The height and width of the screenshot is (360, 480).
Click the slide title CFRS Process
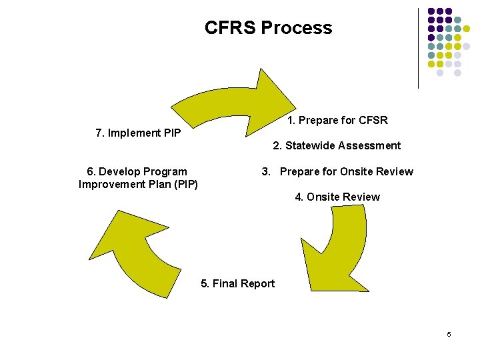(268, 28)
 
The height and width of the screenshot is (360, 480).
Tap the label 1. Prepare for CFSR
(337, 121)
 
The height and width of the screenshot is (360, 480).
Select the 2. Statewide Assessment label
(337, 146)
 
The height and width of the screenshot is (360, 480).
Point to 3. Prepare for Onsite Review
(337, 172)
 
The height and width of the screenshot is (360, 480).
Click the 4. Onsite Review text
(337, 197)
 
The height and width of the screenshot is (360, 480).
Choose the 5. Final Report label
(237, 284)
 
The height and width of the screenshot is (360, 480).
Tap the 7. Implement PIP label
(138, 133)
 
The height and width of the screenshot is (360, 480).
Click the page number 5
(449, 334)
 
